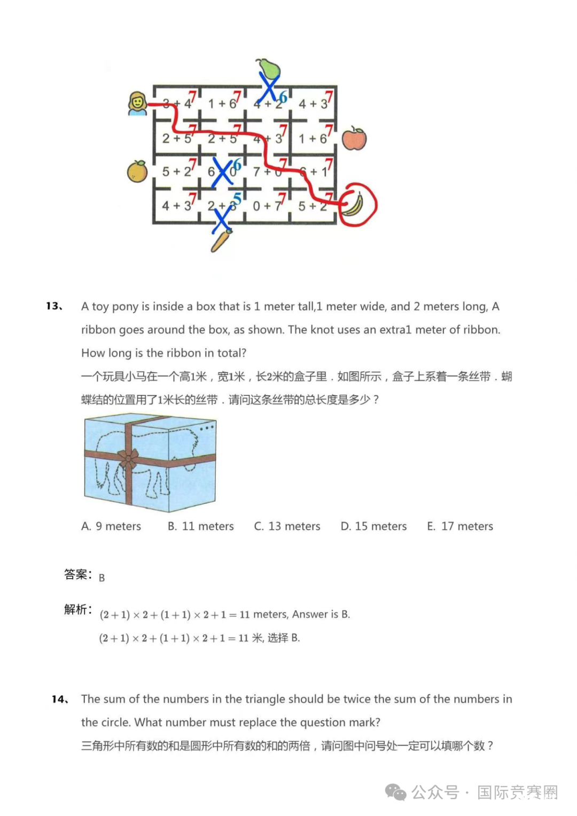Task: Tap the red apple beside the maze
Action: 354,138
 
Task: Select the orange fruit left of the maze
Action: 137,172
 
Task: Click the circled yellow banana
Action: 354,205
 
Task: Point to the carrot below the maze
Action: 221,240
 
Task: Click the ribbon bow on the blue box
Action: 128,458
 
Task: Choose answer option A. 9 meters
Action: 111,526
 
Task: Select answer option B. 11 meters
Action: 201,526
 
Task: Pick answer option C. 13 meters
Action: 287,526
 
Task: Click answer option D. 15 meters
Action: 374,526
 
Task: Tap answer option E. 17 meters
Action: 460,526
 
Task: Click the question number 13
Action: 54,306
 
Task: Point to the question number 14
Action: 60,699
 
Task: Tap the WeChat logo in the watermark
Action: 396,792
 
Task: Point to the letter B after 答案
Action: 102,578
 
